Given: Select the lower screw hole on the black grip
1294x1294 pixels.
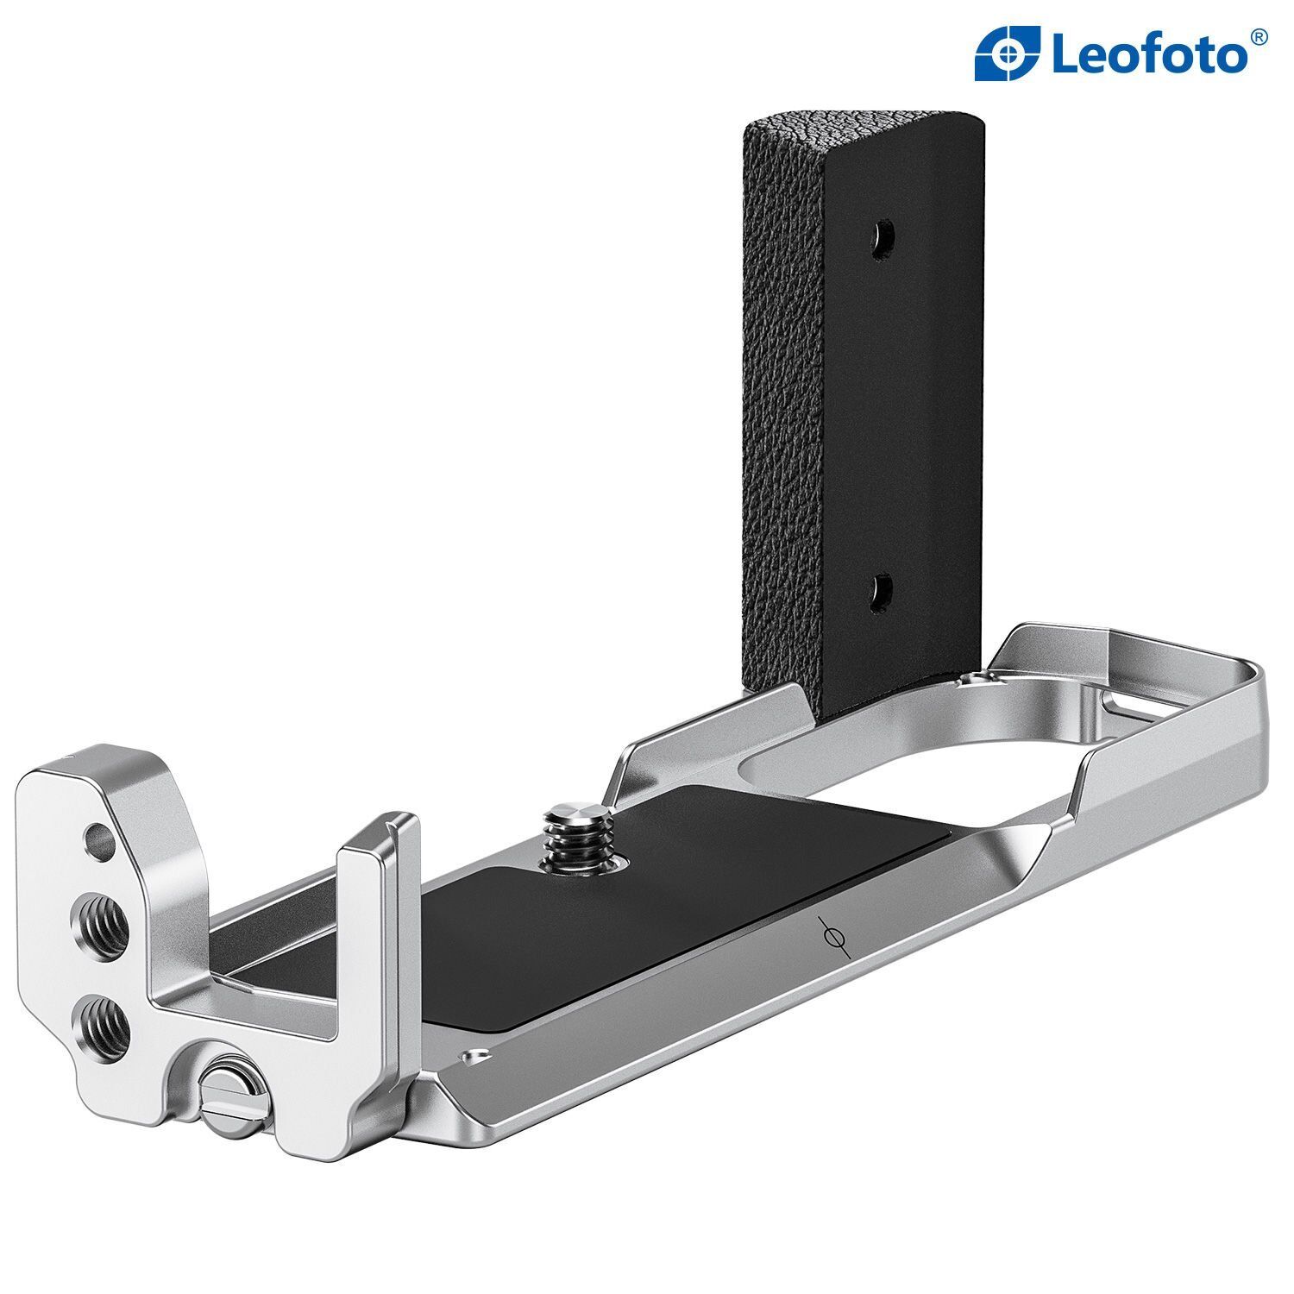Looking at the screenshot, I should click(883, 590).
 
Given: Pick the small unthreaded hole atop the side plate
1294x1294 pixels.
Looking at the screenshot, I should click(99, 836).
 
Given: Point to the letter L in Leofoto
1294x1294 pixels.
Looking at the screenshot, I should click(1066, 54).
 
